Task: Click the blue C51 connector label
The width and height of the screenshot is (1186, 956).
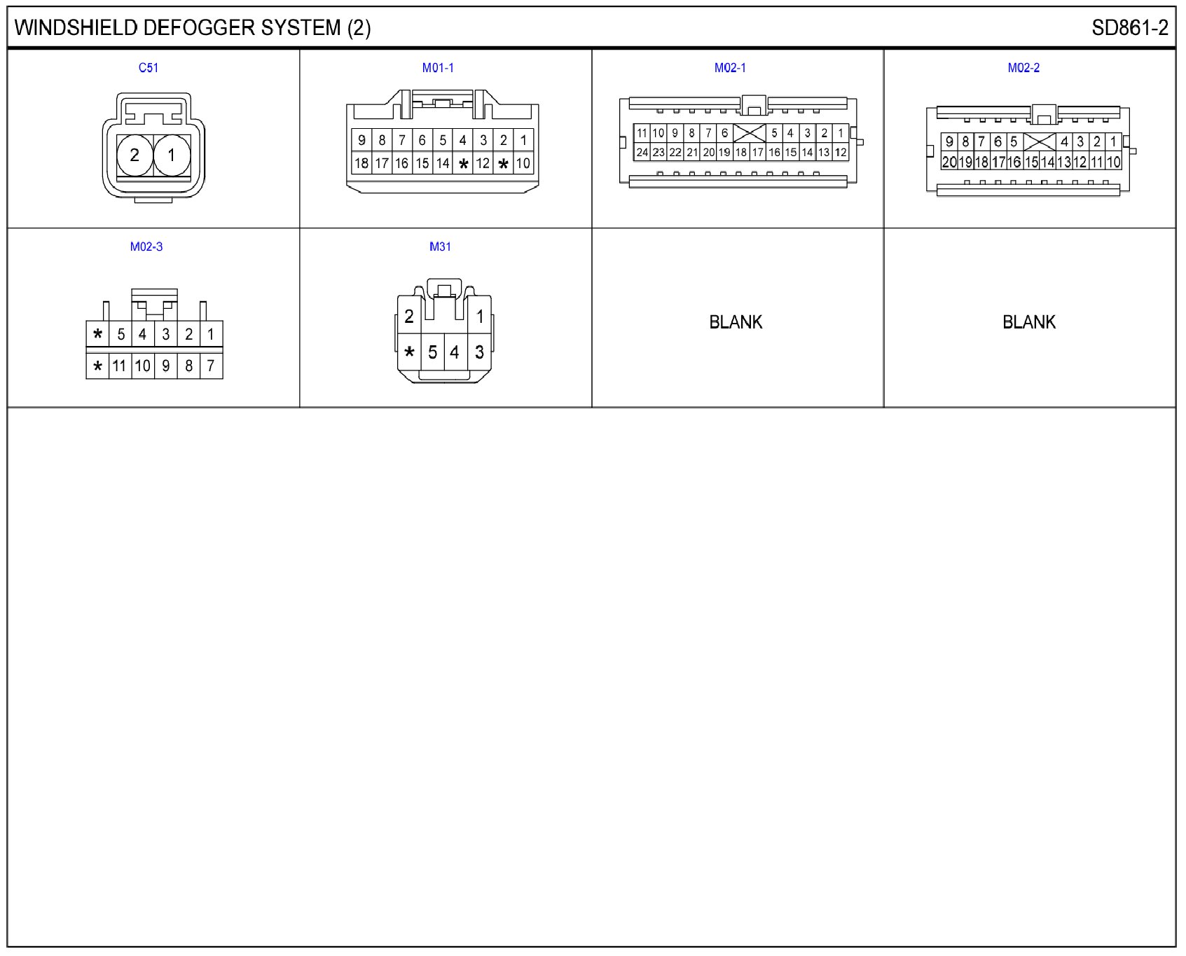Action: click(x=148, y=68)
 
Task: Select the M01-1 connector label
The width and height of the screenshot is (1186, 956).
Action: click(x=438, y=68)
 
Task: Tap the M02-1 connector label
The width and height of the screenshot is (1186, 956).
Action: click(x=730, y=68)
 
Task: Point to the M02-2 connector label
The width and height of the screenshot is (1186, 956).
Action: click(x=1023, y=68)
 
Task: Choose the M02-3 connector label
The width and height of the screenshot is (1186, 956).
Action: click(x=146, y=247)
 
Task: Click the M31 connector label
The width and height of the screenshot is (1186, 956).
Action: click(x=440, y=247)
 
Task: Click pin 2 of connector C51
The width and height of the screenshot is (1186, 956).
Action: click(x=135, y=155)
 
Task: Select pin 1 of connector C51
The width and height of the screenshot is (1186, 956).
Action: click(x=172, y=155)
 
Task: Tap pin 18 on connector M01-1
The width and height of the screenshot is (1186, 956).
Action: click(x=361, y=163)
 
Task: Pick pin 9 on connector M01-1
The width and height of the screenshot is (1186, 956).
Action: click(x=361, y=140)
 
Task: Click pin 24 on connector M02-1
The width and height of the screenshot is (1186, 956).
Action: click(x=642, y=152)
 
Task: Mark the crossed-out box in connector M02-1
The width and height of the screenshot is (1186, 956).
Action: click(x=749, y=132)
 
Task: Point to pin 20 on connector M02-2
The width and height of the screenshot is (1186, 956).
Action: click(x=949, y=162)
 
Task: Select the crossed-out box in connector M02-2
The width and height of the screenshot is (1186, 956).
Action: click(x=1040, y=141)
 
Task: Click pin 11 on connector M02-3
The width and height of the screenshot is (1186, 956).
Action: click(x=120, y=366)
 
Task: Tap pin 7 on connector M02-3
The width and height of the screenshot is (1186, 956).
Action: click(x=211, y=366)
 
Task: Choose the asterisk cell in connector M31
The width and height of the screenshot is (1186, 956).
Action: click(x=409, y=352)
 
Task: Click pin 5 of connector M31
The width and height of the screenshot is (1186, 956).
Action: click(x=433, y=352)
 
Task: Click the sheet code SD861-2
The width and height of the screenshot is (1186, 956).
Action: click(x=1129, y=28)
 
